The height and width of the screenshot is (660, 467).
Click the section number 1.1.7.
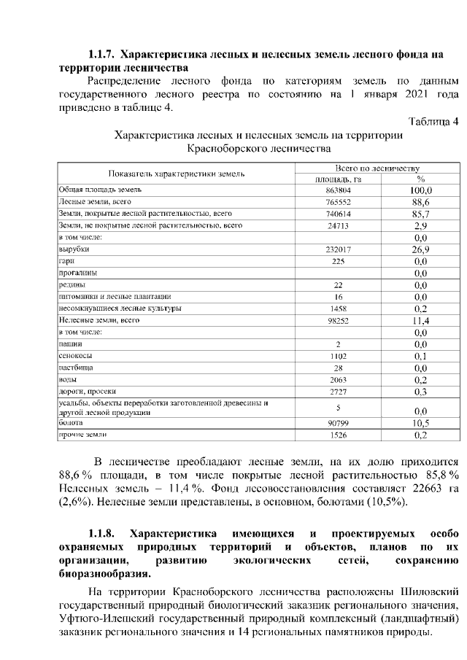[101, 54]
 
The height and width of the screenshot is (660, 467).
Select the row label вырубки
[69, 249]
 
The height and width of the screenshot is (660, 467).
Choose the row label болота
[71, 422]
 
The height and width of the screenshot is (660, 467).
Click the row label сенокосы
[74, 355]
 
